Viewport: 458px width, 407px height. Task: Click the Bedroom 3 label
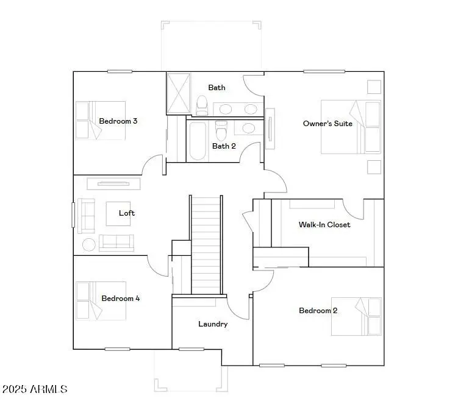click(x=118, y=121)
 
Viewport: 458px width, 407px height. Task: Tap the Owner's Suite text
click(x=327, y=124)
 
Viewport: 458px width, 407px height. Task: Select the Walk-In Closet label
click(x=324, y=225)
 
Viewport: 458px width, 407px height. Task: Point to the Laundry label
click(x=213, y=324)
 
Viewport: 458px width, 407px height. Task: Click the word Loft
click(x=127, y=213)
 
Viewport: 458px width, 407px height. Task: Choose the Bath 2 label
click(x=224, y=146)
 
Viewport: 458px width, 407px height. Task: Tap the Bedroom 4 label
click(x=121, y=299)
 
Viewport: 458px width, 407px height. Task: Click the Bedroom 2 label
click(x=318, y=311)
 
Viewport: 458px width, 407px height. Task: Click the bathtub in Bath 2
click(x=197, y=141)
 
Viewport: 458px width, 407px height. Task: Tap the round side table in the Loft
click(x=89, y=245)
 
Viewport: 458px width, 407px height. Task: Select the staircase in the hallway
click(x=206, y=244)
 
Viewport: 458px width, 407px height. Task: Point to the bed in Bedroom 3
click(x=101, y=121)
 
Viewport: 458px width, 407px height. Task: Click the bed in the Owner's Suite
click(x=351, y=127)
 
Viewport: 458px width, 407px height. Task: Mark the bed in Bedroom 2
click(x=357, y=316)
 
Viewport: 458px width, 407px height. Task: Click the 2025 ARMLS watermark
click(x=35, y=389)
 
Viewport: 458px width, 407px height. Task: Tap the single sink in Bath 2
click(x=248, y=129)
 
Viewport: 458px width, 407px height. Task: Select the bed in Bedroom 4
click(x=101, y=300)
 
